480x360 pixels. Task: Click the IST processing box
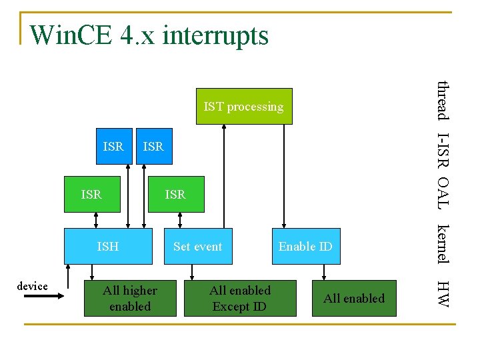(244, 106)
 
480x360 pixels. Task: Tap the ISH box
(108, 246)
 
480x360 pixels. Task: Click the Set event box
(197, 246)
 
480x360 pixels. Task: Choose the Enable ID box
(305, 246)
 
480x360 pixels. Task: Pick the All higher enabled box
(130, 298)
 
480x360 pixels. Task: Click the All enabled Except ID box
(240, 298)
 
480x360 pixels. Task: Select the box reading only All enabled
(354, 298)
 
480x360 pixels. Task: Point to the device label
(33, 286)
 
